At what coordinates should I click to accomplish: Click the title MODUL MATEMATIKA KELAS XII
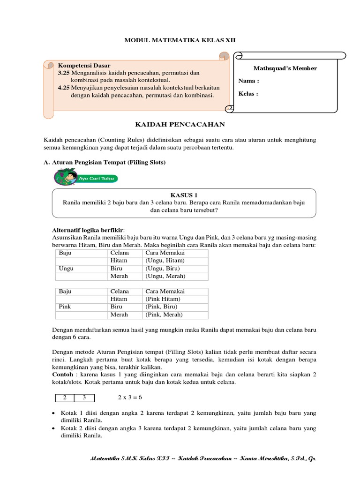click(180, 41)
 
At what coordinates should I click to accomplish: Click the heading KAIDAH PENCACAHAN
click(180, 124)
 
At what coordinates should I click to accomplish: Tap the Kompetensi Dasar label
click(84, 66)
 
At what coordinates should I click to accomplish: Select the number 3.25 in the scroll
click(64, 73)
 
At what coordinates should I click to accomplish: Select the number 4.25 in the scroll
click(64, 88)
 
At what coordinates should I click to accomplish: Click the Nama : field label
click(248, 81)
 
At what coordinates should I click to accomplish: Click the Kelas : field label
click(248, 93)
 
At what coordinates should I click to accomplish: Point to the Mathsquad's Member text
click(285, 68)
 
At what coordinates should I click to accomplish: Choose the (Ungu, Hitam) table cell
click(165, 260)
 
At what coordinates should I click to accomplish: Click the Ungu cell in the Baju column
click(66, 269)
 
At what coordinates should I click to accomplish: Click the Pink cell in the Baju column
click(65, 307)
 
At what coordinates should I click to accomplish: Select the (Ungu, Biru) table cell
click(163, 269)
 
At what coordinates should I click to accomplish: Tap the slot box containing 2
click(65, 397)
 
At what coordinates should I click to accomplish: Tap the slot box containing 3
click(84, 397)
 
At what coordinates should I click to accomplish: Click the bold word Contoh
click(63, 375)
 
